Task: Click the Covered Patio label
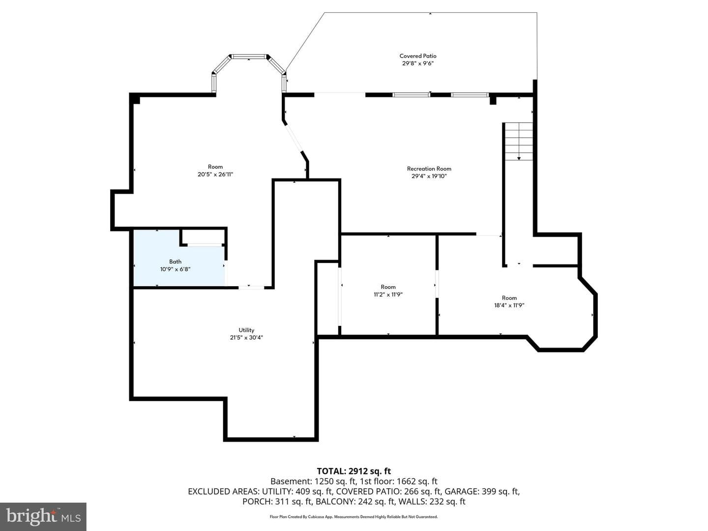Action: point(418,56)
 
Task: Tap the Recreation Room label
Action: point(429,169)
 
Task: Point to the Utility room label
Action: point(246,330)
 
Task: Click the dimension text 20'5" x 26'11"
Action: point(215,175)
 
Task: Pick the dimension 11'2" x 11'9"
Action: point(388,295)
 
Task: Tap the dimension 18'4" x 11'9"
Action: point(509,305)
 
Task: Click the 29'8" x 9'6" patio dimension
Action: point(418,63)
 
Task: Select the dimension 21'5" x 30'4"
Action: point(246,338)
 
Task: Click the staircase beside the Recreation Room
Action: point(519,141)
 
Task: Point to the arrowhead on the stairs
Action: point(519,158)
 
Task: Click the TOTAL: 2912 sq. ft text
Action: point(354,471)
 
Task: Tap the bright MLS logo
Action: point(43,516)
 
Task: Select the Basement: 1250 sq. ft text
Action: point(313,481)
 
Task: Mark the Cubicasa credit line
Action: point(354,517)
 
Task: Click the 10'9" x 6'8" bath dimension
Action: point(175,269)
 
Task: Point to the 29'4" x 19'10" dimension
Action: point(429,176)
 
